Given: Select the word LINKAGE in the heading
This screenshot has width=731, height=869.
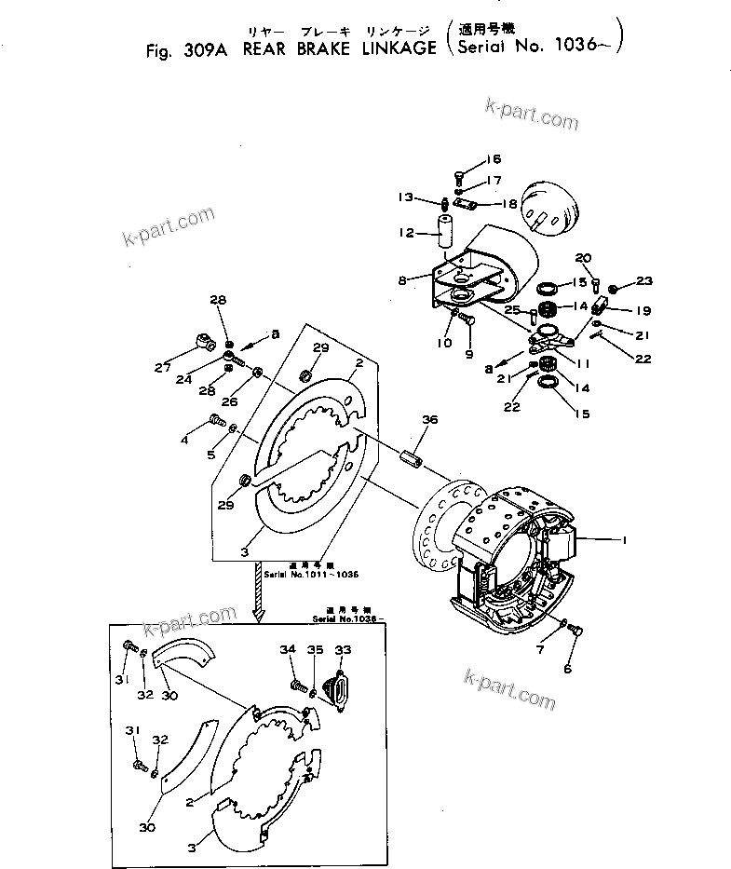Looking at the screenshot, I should pyautogui.click(x=396, y=48).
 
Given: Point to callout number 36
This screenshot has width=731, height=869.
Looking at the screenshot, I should pyautogui.click(x=429, y=420).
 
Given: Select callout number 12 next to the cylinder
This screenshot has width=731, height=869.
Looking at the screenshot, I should pyautogui.click(x=407, y=233).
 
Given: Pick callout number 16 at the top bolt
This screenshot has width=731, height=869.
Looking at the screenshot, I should pyautogui.click(x=494, y=159).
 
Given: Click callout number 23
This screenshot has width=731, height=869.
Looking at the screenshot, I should pyautogui.click(x=645, y=279).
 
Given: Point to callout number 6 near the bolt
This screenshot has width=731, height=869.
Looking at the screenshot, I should pyautogui.click(x=569, y=668).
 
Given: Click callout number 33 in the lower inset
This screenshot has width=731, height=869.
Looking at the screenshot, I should pyautogui.click(x=344, y=649).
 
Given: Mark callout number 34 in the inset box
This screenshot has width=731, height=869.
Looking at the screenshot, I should pyautogui.click(x=288, y=649).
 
